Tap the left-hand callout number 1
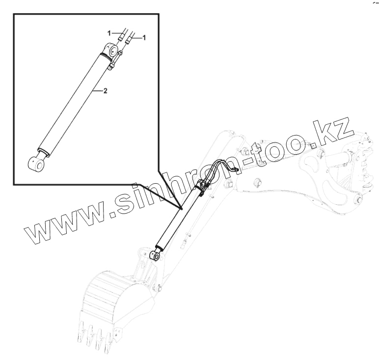pyautogui.click(x=109, y=32)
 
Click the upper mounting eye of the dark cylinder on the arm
pyautogui.click(x=202, y=184)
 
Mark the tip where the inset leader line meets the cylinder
pyautogui.click(x=181, y=208)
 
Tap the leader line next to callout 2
pyautogui.click(x=98, y=90)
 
